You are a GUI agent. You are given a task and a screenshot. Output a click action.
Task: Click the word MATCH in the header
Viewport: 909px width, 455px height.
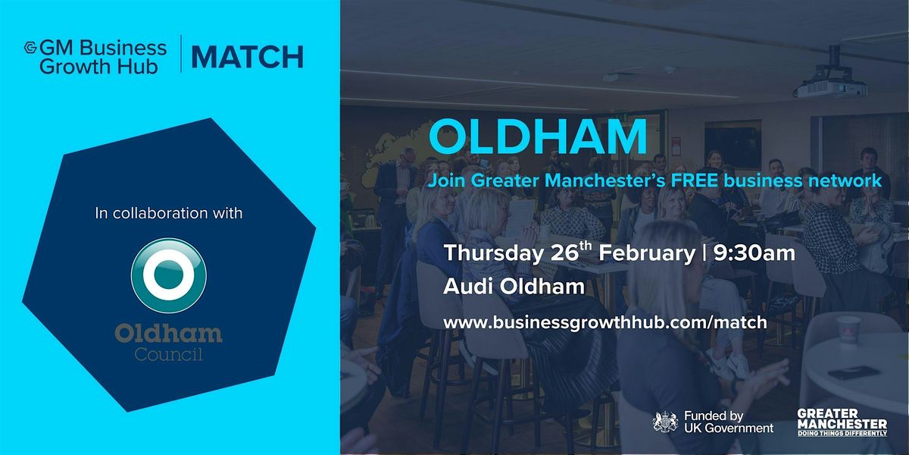click(247, 57)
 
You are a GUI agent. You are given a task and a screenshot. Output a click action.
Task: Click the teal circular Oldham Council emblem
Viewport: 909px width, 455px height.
click(168, 276)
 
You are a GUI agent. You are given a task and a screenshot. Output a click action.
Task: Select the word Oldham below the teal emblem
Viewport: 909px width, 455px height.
click(168, 333)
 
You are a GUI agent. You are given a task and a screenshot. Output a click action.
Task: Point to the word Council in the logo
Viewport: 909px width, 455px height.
click(168, 354)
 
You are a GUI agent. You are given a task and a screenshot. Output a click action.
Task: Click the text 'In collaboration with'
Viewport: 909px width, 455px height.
click(168, 214)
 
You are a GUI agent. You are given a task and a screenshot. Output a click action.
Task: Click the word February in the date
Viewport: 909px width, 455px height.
click(645, 253)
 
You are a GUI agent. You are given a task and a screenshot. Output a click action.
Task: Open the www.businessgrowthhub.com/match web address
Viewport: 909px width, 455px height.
click(605, 322)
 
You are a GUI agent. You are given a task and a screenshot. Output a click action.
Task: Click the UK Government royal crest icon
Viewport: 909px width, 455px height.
click(665, 422)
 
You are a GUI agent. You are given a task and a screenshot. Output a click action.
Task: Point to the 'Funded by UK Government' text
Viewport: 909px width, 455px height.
click(727, 422)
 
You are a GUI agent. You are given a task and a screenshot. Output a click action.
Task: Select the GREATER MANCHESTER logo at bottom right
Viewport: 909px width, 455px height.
click(841, 421)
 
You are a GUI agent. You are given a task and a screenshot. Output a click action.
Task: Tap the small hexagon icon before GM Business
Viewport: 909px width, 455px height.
click(31, 48)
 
